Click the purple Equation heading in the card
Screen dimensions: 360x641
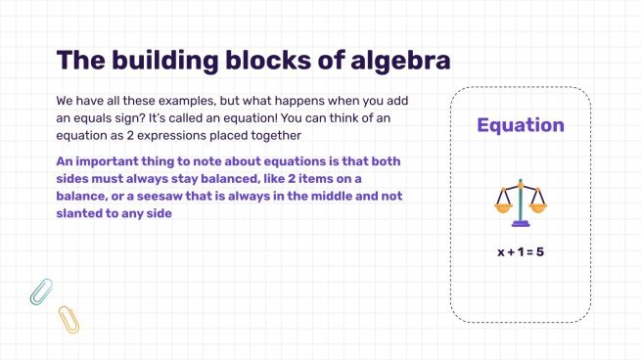(x=520, y=125)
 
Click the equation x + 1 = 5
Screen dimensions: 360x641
(x=520, y=251)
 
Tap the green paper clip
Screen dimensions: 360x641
(x=40, y=291)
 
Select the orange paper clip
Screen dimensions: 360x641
(x=68, y=318)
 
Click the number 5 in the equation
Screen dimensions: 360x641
(x=539, y=251)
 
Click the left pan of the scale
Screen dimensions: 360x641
(x=504, y=206)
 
